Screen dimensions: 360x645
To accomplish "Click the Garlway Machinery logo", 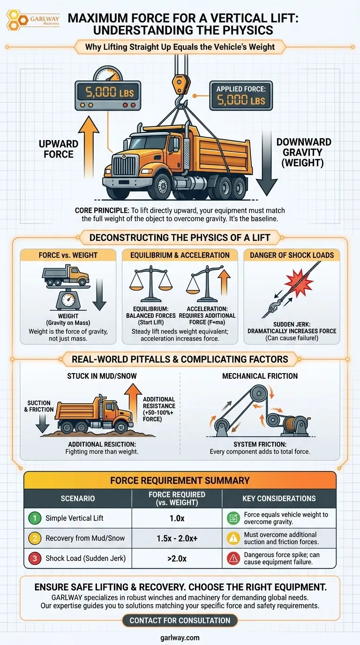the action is coord(33,20).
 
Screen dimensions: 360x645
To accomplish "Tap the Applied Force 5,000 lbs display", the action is coord(241,96).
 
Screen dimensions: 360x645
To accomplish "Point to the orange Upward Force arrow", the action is coord(89,147).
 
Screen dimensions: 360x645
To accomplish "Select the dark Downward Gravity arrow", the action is coord(267,164).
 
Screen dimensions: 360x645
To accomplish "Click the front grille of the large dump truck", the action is coord(122,166).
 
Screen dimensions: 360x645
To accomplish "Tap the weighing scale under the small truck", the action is coord(68,298).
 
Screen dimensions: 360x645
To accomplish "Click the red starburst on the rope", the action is coord(299,282).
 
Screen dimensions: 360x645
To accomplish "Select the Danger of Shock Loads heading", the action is coord(292,255).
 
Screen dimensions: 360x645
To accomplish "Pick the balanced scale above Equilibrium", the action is coord(150,284).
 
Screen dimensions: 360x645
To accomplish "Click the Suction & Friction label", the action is coord(39,406).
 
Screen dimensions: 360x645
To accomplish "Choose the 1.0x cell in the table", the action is coord(177,518).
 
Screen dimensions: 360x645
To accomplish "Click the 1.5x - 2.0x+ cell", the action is coord(177,538).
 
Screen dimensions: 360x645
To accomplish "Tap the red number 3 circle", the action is coord(35,558).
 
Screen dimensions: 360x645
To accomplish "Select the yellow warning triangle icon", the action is coord(233,538).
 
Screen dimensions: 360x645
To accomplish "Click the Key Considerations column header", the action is coord(279,498).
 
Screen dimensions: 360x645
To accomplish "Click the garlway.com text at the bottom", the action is coord(180,637).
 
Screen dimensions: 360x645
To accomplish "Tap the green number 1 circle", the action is coord(35,518).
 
